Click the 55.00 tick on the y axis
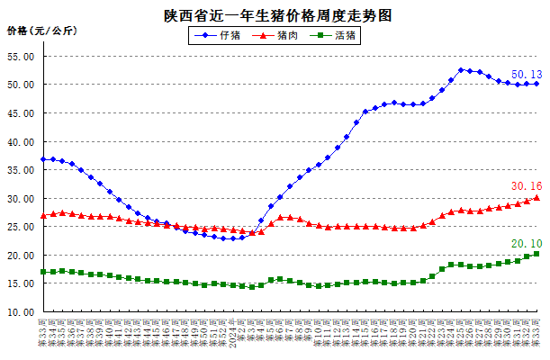tap(21, 56)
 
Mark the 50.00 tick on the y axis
tap(21, 85)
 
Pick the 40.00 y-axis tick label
tap(21, 141)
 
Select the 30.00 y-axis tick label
tap(21, 199)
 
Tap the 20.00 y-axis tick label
tap(21, 256)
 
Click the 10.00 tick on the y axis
tap(21, 312)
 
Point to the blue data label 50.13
tap(526, 74)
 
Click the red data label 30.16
tap(526, 186)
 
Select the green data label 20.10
tap(526, 243)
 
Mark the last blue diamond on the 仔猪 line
tap(536, 84)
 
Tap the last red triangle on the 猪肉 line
tap(536, 197)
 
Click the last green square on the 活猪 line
tap(536, 254)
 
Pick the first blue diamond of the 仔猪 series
tap(43, 159)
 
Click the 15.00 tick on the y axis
tap(21, 283)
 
